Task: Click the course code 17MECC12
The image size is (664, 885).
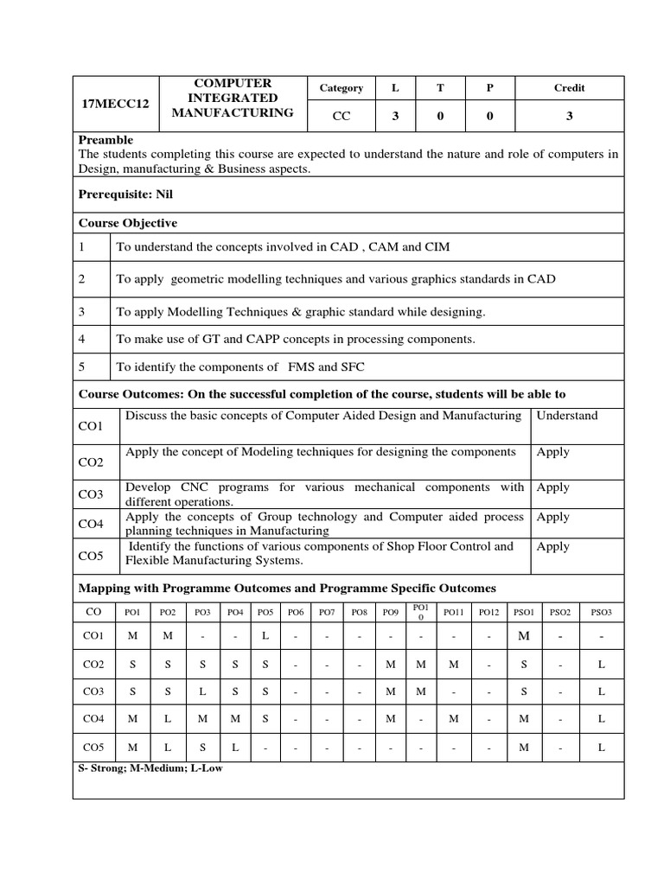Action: click(115, 104)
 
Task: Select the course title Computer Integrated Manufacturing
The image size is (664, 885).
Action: click(233, 98)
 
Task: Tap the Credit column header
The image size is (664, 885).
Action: click(569, 87)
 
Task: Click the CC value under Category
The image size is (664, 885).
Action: click(342, 117)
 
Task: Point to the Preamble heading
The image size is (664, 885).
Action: click(106, 139)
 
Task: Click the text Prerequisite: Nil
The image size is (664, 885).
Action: click(126, 194)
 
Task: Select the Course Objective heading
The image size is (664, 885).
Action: click(128, 223)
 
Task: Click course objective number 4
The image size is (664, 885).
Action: click(82, 339)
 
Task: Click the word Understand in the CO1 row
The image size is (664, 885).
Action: click(567, 416)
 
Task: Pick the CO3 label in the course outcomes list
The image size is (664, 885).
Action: click(91, 494)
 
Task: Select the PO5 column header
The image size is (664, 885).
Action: click(265, 612)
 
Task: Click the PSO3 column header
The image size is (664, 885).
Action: click(601, 612)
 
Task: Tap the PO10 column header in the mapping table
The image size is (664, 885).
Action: click(421, 612)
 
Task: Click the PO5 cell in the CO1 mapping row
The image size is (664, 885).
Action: click(265, 637)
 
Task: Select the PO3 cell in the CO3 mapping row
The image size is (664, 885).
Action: click(202, 691)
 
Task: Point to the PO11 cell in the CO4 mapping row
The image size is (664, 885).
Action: click(453, 719)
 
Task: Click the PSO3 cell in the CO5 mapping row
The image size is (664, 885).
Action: click(601, 747)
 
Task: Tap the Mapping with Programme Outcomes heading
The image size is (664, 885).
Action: click(287, 589)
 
